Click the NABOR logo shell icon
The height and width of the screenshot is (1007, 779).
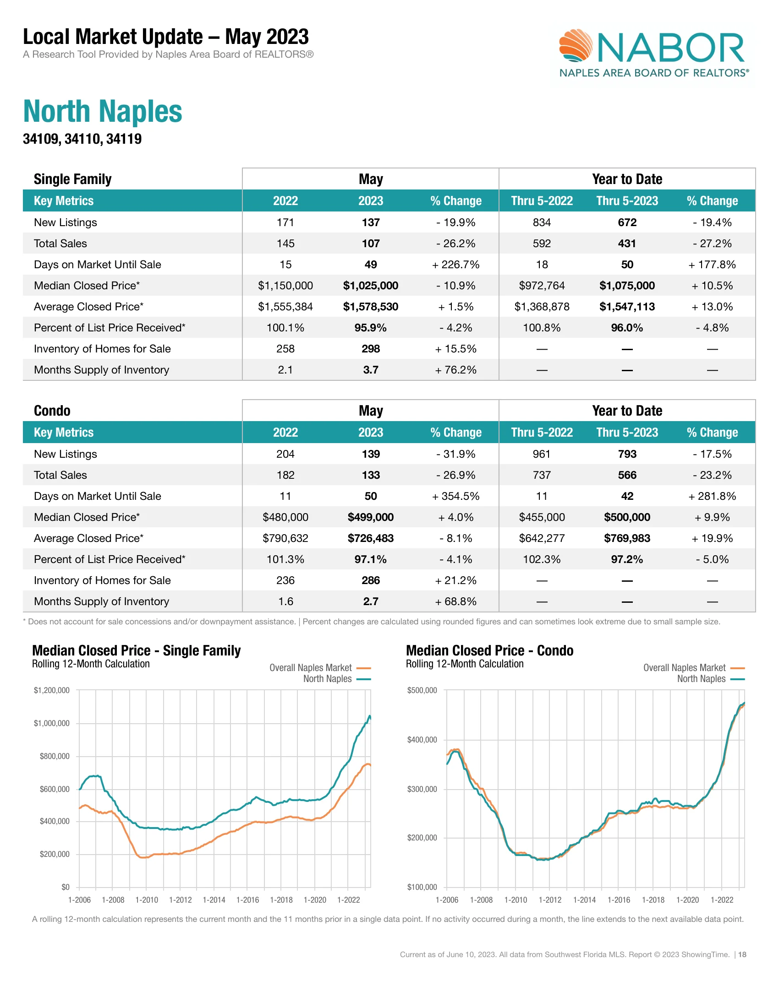coord(576,45)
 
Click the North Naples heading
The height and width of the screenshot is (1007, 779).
coord(103,112)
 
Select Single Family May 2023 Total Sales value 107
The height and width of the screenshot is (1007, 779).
coord(371,244)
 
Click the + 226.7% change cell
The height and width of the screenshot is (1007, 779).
coord(455,265)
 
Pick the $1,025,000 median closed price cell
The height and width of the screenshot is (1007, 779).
coord(371,286)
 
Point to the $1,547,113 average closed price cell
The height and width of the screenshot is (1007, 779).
coord(627,307)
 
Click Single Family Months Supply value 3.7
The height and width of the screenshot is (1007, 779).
coord(371,370)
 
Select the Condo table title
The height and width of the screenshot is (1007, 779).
coord(52,411)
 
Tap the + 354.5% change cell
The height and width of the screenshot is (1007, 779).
coord(455,496)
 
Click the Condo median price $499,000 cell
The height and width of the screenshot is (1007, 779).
coord(371,517)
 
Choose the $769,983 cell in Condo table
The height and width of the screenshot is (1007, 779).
coord(627,538)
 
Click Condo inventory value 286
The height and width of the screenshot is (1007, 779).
coord(371,580)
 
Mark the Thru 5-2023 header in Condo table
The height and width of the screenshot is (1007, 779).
coord(627,433)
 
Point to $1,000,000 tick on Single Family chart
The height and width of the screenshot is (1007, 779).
coord(52,723)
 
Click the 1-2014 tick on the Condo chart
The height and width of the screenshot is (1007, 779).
coord(584,900)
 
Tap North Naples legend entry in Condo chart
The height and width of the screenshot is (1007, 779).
coord(702,679)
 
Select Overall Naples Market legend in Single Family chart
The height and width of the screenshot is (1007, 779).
coord(311,668)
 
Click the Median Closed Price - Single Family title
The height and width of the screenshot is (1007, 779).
coord(136,650)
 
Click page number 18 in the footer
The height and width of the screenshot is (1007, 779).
coord(742,954)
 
